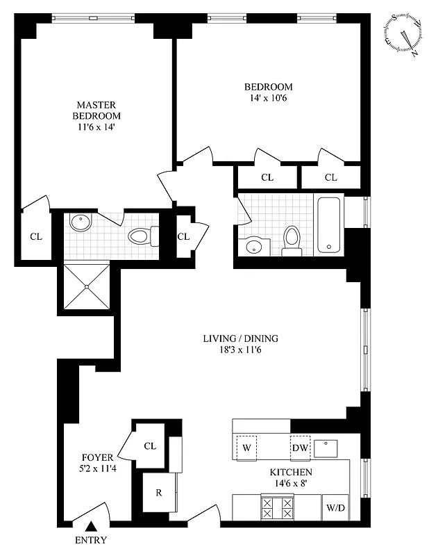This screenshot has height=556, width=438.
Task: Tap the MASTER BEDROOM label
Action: coord(99,111)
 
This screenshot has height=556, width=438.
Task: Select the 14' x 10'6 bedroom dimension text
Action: coord(268,98)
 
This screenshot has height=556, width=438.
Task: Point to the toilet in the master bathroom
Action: coord(142,237)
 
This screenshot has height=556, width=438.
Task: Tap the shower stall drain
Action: coord(86,286)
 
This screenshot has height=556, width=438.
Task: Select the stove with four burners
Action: coord(276,507)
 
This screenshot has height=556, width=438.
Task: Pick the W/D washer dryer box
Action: coord(335,508)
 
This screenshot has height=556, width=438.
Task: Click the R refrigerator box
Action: coord(159,493)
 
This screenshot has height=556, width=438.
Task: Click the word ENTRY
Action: coord(91,541)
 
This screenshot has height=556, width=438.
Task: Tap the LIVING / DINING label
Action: coord(240,338)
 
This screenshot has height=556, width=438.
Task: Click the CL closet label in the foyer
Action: coord(150,446)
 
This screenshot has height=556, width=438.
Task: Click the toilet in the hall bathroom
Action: coord(292,238)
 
